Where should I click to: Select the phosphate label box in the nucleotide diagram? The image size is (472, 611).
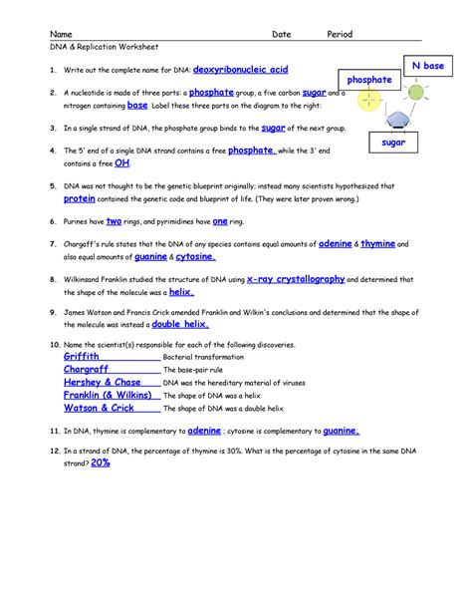(368, 79)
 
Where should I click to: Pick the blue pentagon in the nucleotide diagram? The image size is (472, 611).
(400, 120)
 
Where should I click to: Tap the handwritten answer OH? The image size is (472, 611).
(122, 162)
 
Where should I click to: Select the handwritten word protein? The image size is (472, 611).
(80, 198)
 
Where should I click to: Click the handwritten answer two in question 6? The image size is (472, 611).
(114, 221)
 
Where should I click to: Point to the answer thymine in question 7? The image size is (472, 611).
(377, 243)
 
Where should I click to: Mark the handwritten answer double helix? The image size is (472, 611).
(179, 324)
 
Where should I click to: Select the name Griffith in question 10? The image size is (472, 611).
(81, 356)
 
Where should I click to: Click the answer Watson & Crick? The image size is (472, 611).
(99, 408)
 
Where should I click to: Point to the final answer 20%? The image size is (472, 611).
(100, 462)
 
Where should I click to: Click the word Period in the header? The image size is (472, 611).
(342, 34)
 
